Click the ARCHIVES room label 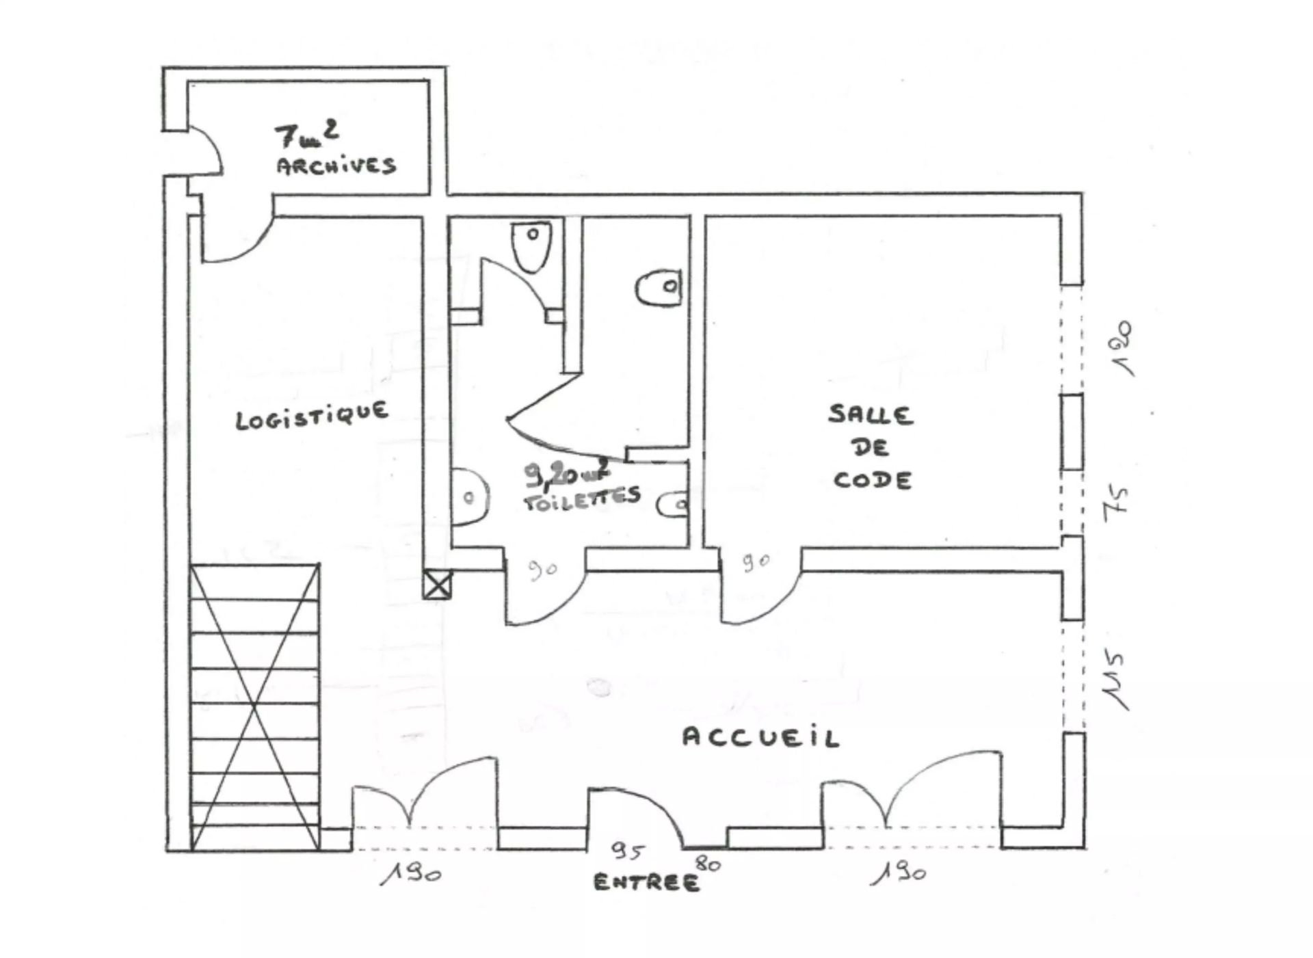[336, 166]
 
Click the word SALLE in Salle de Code [871, 414]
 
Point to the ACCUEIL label [760, 738]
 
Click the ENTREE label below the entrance [646, 882]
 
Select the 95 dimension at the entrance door [627, 852]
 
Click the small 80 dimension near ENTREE [708, 864]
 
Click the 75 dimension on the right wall [1115, 501]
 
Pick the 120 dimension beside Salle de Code [1122, 348]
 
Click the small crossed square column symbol [437, 585]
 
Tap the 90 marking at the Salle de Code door [756, 563]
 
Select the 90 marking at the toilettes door [542, 569]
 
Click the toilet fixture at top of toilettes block [531, 246]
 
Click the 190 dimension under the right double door [899, 874]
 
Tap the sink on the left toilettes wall [469, 497]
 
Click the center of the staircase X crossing [255, 707]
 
